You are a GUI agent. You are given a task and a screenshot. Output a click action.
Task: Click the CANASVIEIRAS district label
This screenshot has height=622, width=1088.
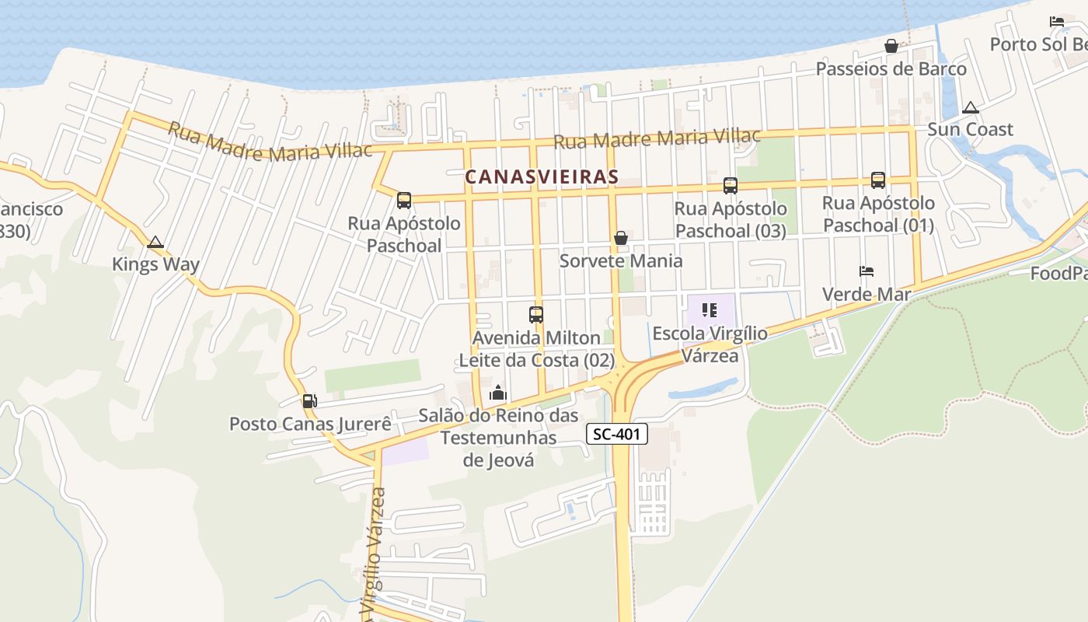542,176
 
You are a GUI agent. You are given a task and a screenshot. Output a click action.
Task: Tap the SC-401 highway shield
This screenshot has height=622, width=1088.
616,435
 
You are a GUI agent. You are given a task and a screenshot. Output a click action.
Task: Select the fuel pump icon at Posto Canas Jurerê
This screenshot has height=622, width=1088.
309,401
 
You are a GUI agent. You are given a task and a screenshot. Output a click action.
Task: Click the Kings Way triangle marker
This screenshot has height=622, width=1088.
155,243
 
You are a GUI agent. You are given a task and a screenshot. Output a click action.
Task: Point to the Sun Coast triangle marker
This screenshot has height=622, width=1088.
970,108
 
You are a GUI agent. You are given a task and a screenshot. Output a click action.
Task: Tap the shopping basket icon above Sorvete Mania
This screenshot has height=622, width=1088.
621,238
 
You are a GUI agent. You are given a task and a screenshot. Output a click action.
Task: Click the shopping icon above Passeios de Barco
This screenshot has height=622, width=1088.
891,46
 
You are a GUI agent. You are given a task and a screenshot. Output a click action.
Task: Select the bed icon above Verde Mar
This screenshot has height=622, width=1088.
867,271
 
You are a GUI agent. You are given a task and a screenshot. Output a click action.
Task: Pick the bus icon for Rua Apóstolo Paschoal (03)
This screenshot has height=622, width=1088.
731,186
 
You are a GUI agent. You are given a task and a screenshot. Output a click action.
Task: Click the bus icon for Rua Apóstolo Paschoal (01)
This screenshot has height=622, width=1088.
878,180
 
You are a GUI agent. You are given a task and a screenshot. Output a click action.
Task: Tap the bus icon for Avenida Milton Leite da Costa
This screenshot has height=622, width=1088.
536,315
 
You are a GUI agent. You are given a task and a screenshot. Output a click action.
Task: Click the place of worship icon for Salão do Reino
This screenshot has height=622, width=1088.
498,393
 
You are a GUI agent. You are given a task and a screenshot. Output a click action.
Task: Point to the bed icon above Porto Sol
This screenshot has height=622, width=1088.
1057,22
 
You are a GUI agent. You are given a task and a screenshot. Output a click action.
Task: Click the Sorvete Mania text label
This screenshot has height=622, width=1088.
621,260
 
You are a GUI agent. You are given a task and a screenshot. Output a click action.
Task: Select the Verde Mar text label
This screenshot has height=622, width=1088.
867,295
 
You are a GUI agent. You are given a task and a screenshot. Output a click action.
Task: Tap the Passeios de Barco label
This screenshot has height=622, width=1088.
891,68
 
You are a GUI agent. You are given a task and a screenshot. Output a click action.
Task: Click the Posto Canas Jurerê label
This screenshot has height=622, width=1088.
309,424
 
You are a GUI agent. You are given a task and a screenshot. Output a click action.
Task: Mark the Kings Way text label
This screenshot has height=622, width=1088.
155,264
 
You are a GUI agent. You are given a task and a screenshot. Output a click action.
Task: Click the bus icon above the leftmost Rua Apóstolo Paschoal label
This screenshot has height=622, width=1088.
404,201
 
